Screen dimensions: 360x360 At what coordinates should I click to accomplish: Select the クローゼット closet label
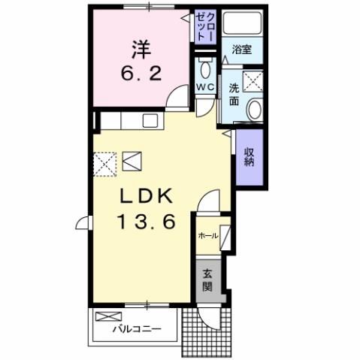[206, 26]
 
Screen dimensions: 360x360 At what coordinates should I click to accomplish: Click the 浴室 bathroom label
[241, 50]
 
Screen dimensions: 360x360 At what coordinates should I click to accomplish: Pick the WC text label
[204, 88]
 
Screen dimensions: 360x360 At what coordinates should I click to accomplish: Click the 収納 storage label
[250, 157]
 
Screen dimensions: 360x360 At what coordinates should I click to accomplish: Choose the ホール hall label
[207, 235]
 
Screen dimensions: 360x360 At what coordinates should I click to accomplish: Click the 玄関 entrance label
[207, 280]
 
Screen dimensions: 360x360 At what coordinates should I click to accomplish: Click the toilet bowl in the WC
[205, 70]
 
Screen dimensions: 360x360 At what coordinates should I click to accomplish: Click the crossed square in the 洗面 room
[253, 81]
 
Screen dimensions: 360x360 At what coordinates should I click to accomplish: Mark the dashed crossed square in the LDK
[104, 162]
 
